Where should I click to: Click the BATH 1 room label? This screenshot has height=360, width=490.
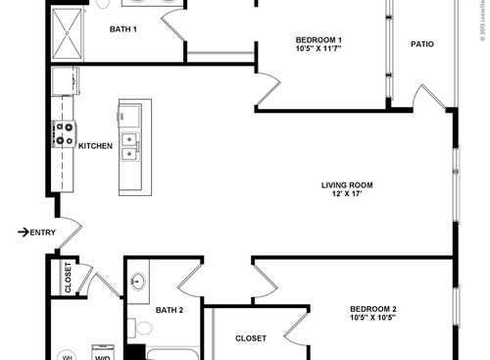tap(122, 29)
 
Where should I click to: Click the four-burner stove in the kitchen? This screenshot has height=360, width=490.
tap(65, 133)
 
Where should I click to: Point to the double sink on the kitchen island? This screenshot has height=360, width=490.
tap(129, 146)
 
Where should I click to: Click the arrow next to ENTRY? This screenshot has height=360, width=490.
tap(23, 231)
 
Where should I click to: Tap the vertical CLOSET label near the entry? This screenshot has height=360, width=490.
tap(68, 279)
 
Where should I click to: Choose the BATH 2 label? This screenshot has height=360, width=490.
tap(170, 310)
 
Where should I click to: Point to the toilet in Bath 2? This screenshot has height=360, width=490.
tap(138, 326)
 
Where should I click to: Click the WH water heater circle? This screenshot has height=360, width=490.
tap(68, 355)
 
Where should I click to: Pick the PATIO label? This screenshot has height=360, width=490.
tap(421, 44)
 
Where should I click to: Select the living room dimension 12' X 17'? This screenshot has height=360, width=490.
tap(347, 194)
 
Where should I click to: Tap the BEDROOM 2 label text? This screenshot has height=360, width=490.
tap(372, 310)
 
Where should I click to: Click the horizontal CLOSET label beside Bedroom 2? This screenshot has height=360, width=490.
tap(250, 338)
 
